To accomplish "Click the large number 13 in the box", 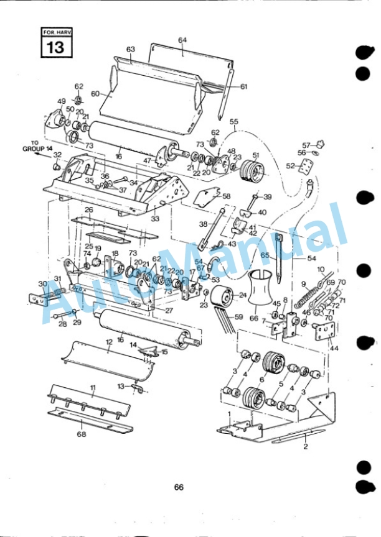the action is click(x=56, y=47).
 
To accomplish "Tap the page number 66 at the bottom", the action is click(x=179, y=487).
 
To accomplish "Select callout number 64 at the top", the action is click(x=182, y=40).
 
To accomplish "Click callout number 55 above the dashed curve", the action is click(x=234, y=122).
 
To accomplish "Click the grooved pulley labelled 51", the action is click(x=253, y=172).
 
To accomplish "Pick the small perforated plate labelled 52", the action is click(x=306, y=167).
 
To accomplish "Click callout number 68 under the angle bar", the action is click(x=82, y=434).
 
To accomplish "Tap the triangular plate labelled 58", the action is click(x=207, y=198).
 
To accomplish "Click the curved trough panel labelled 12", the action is click(x=108, y=360).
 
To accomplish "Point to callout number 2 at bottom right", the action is click(x=306, y=447).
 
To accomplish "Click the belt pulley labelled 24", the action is click(x=221, y=297).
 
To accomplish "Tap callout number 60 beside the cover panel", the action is click(x=95, y=94).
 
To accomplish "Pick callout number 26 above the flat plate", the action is click(x=89, y=209).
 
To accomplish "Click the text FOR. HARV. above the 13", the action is click(x=57, y=32).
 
